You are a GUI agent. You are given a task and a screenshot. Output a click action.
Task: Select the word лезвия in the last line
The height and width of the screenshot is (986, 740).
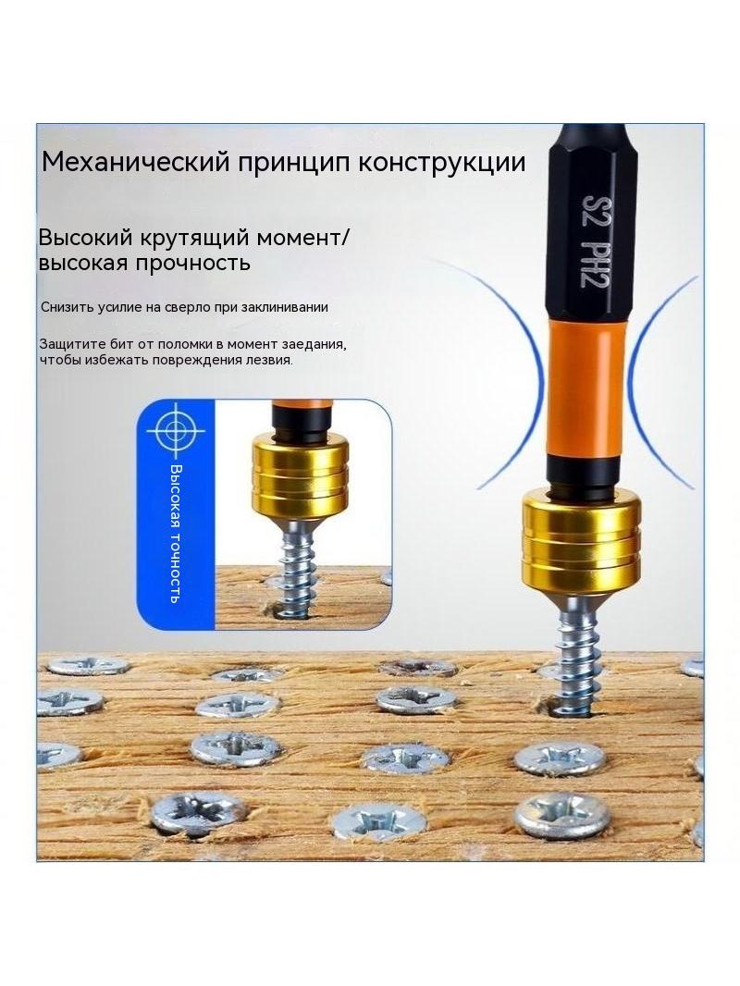[272, 361]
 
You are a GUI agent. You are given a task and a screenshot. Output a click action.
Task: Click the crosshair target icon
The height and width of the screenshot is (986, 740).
[176, 431]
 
